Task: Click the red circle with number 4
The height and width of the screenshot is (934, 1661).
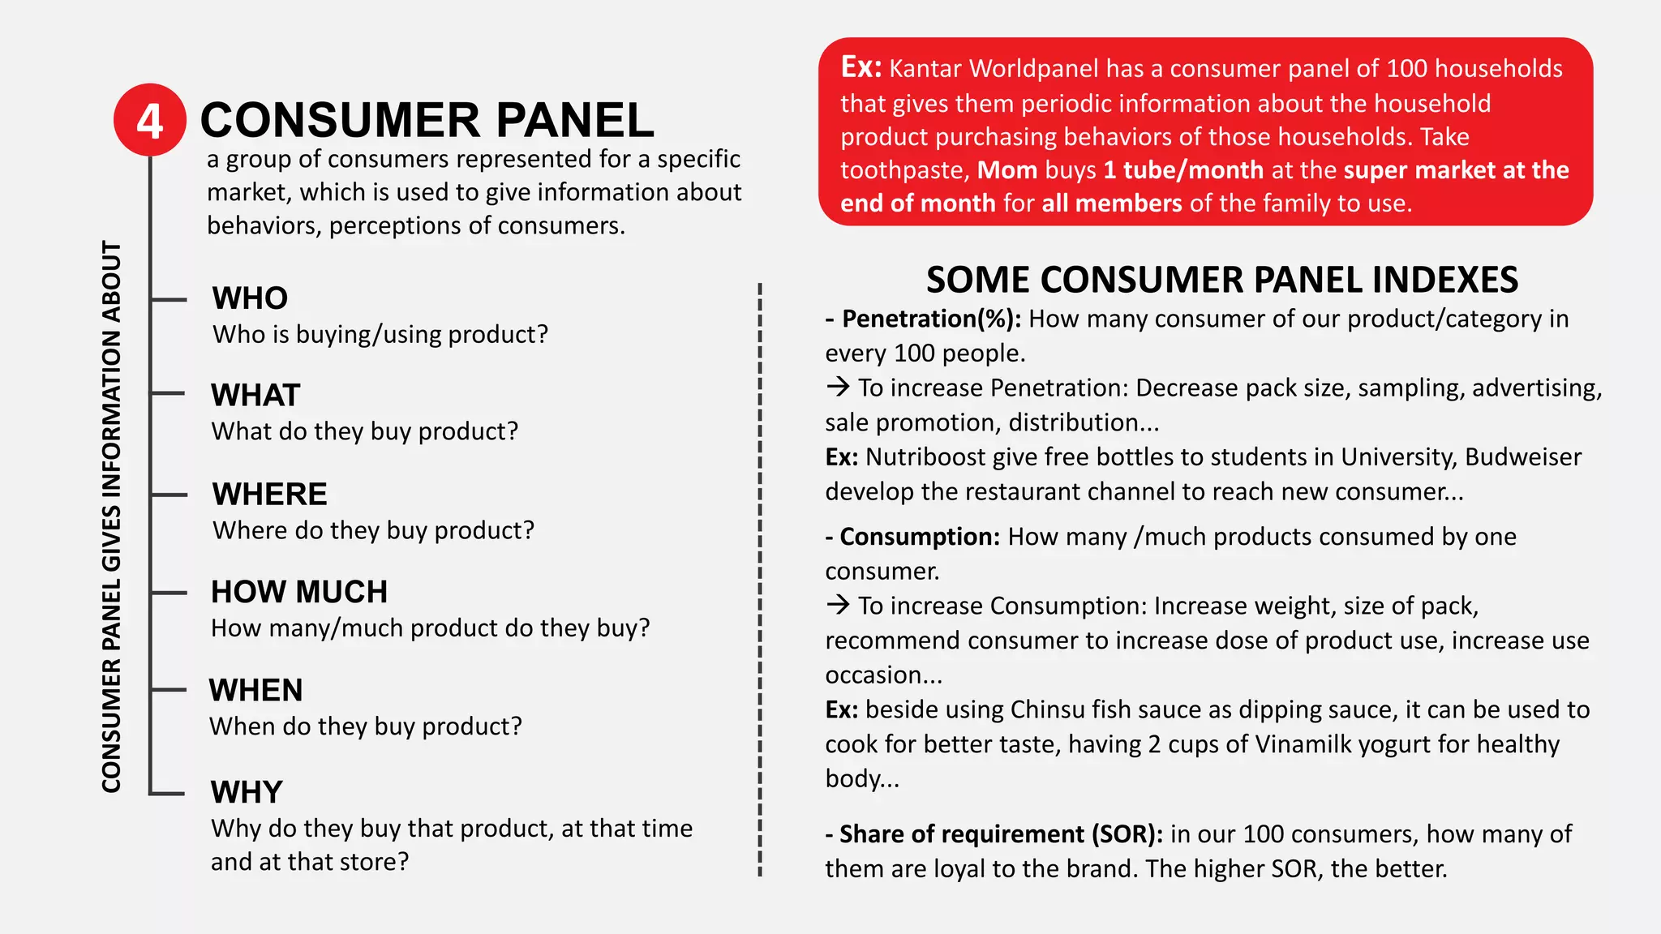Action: coord(150,120)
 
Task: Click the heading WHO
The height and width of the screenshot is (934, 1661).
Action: coord(250,298)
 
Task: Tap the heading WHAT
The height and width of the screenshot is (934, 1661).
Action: coord(255,396)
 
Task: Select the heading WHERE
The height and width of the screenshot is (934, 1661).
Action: coord(269,494)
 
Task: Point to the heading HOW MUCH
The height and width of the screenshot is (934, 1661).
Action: coord(299,592)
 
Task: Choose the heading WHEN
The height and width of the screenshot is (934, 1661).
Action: coord(255,690)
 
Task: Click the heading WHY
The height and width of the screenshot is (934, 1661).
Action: coord(247,792)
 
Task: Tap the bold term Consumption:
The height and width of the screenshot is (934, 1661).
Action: coord(920,537)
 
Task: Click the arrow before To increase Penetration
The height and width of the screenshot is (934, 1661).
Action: coord(838,387)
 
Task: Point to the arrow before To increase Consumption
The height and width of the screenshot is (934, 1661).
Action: coord(838,605)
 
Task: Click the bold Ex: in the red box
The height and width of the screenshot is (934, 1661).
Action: coord(861,67)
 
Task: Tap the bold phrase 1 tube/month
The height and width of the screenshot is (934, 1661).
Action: coord(1183,170)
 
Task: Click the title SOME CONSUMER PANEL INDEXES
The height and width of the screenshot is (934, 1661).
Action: coord(1222,280)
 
